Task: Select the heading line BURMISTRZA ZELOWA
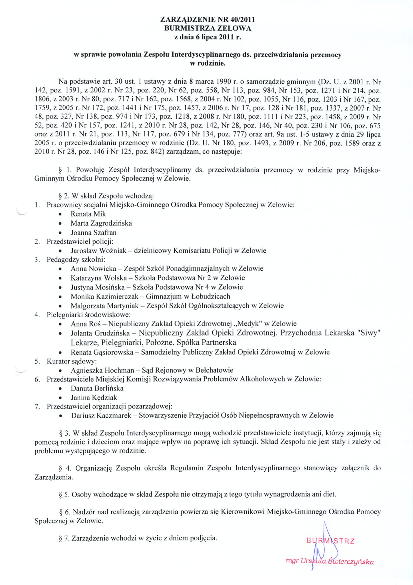(x=207, y=28)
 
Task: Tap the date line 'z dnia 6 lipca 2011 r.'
(x=207, y=37)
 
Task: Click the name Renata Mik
(x=88, y=214)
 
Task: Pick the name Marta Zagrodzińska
(x=101, y=223)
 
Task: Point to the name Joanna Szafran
(x=93, y=232)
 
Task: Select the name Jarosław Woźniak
(x=98, y=250)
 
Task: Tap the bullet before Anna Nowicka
(x=60, y=269)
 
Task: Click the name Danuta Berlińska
(x=97, y=388)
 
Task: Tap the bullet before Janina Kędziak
(x=60, y=398)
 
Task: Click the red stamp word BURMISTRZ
(x=330, y=541)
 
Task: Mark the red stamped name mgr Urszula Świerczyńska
(x=330, y=561)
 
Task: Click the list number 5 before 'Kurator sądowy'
(x=37, y=361)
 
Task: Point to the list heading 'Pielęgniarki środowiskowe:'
(x=89, y=315)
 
